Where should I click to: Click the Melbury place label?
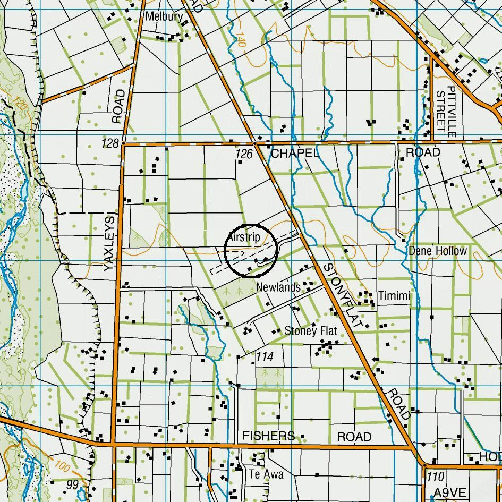point(164,16)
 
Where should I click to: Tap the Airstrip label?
point(244,237)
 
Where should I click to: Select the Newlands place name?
point(278,287)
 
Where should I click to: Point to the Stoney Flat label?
point(311,331)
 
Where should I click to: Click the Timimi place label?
point(394,296)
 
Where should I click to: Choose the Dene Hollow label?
point(438,251)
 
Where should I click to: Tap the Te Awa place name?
point(266,474)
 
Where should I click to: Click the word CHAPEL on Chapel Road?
point(295,154)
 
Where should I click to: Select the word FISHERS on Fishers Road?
point(268,436)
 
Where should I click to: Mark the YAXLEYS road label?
point(110,243)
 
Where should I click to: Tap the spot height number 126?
point(244,154)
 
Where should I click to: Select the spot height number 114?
point(265,356)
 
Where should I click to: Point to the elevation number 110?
point(435,477)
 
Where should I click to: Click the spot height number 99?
point(73,484)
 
